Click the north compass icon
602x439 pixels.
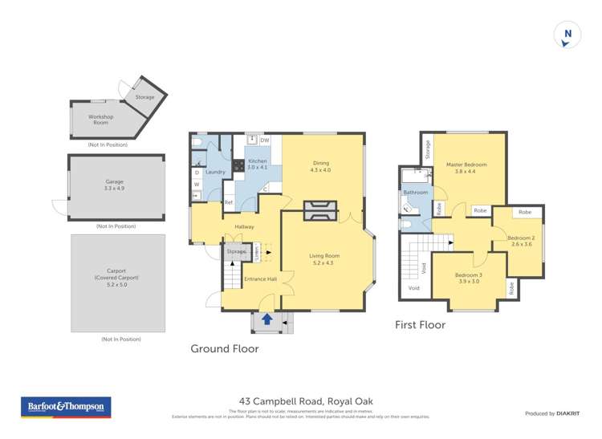click(x=567, y=35)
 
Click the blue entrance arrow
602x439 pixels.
click(x=266, y=319)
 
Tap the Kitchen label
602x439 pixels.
click(x=258, y=164)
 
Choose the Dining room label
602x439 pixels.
click(x=320, y=166)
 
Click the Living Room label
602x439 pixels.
click(x=325, y=259)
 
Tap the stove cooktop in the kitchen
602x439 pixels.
click(x=238, y=167)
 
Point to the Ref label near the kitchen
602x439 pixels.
click(x=229, y=203)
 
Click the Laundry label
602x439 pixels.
click(x=214, y=172)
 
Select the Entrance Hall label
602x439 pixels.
click(x=259, y=279)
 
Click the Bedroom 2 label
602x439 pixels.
click(x=521, y=241)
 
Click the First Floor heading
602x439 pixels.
click(x=420, y=325)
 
